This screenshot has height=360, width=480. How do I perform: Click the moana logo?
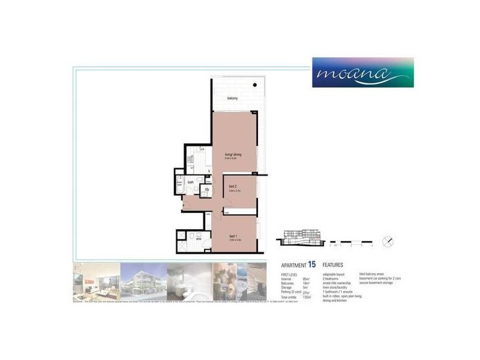click(x=362, y=73)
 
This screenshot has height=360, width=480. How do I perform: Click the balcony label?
click(x=233, y=98)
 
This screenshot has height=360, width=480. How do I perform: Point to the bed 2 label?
click(x=233, y=186)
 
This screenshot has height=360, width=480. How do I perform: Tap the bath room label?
click(x=190, y=182)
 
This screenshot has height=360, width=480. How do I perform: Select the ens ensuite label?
click(x=199, y=238)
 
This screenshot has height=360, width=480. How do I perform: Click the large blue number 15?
click(x=312, y=265)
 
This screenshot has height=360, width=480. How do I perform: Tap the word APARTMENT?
click(x=293, y=265)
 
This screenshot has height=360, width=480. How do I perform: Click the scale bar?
click(x=352, y=244)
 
